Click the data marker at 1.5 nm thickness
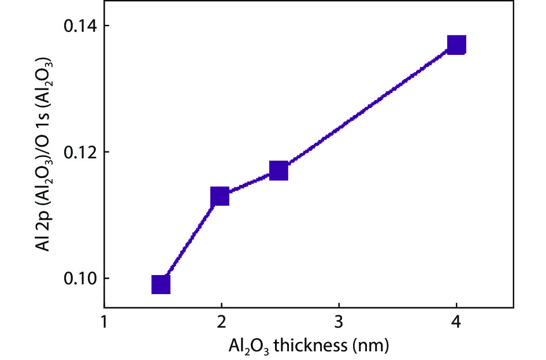161,284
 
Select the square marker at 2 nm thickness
220,196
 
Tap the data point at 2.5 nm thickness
278,171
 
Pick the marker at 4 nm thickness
456,44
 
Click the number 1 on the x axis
104,321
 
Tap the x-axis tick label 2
221,321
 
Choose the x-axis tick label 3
339,321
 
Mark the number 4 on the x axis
456,321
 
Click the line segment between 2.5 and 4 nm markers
367,108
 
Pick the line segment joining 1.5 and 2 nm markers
190,240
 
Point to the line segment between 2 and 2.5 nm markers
249,184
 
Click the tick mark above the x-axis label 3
339,304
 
